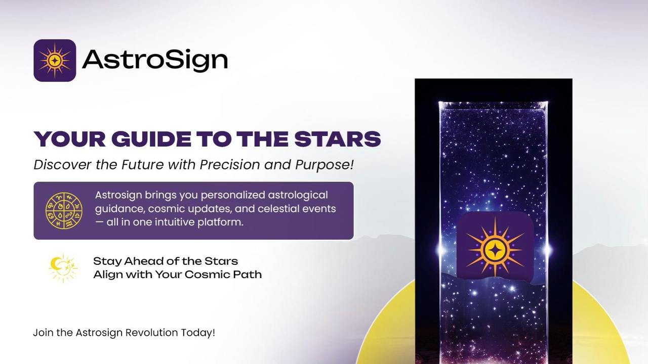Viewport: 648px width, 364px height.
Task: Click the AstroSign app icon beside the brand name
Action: (55, 60)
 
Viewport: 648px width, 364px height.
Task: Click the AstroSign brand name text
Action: (155, 61)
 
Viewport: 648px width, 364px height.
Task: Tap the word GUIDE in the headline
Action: (151, 139)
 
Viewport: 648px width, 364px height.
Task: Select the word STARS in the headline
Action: (338, 139)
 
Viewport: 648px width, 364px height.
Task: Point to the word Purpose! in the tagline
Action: (325, 165)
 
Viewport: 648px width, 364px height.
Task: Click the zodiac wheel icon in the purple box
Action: (64, 211)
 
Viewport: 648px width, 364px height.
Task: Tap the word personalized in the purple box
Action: (233, 195)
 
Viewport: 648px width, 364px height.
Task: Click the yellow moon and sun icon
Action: (63, 268)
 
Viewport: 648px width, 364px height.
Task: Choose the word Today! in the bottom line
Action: (198, 333)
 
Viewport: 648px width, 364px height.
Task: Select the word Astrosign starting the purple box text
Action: (118, 196)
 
